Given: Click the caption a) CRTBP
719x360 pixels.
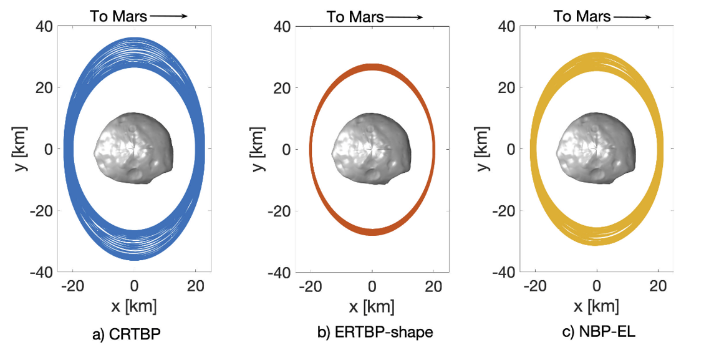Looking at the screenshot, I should [127, 335].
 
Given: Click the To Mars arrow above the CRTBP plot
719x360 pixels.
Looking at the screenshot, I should [168, 16].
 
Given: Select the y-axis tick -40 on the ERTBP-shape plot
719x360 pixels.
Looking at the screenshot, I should [278, 272].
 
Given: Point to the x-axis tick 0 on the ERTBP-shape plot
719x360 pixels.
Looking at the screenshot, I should [372, 286].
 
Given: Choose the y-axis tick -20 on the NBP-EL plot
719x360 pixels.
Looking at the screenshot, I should [504, 210].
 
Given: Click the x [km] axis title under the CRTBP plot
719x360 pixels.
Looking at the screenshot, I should [133, 306].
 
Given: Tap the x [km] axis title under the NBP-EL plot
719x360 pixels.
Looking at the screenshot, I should [597, 306].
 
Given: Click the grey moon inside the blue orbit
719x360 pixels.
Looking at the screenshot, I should [134, 148].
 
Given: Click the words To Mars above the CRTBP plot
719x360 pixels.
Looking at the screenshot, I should [118, 16].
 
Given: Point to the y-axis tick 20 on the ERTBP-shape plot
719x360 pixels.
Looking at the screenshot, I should [282, 87].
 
